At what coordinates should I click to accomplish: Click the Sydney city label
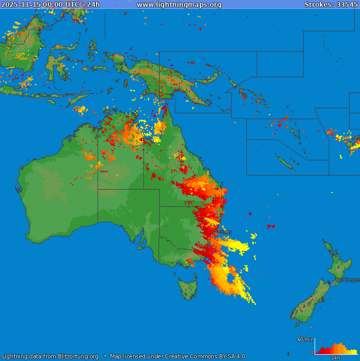223,231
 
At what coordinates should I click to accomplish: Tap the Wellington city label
348,280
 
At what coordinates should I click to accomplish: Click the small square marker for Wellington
333,284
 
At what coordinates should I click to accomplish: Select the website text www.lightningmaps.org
179,5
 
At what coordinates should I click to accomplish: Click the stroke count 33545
347,5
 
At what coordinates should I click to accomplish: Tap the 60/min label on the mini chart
305,340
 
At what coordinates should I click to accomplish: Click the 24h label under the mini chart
335,358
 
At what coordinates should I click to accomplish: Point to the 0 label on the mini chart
312,353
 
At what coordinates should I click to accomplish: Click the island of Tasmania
187,288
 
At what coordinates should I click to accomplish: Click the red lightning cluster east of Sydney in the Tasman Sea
270,226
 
